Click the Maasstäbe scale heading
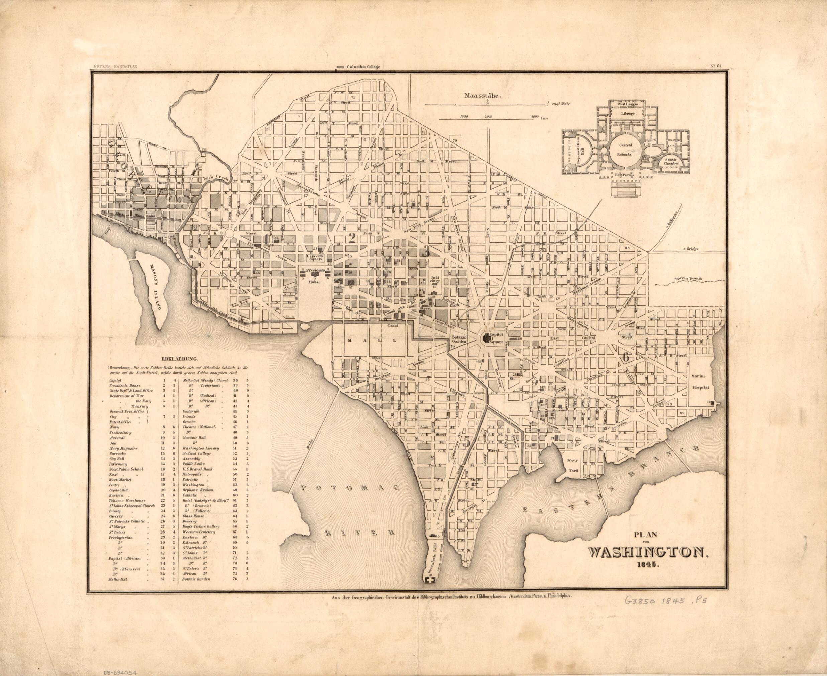tap(482, 95)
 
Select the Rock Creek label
tap(213, 177)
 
